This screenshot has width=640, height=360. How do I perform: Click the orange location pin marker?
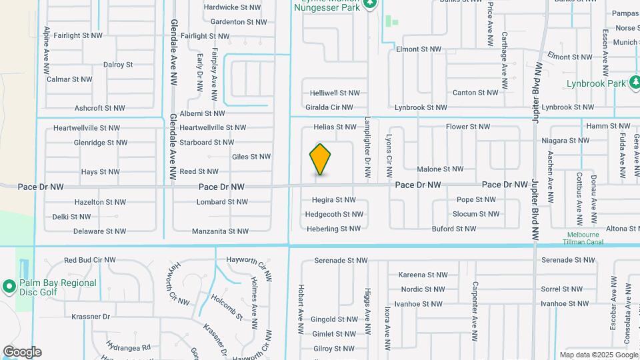tap(320, 159)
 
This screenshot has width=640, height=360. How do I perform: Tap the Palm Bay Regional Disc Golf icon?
tap(9, 287)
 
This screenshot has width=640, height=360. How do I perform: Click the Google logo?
tap(22, 352)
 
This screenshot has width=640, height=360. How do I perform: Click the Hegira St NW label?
tap(334, 199)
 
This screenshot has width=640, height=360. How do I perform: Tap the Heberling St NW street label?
tap(333, 229)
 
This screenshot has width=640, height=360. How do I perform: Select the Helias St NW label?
tap(335, 127)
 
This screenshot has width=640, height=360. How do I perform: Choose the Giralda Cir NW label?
tap(337, 107)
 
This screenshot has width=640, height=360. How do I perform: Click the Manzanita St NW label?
tap(220, 231)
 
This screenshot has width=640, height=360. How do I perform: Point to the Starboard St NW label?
tap(207, 142)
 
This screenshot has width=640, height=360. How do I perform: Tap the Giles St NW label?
tap(251, 157)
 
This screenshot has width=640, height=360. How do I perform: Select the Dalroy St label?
tap(118, 65)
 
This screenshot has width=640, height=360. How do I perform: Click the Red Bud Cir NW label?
tap(89, 260)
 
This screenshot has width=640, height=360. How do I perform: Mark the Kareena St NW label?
tap(422, 275)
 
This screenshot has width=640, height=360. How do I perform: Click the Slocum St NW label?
tap(475, 214)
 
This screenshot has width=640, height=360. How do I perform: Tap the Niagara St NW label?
tap(565, 140)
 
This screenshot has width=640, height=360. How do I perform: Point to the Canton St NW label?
tap(475, 93)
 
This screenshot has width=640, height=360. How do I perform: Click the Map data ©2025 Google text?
tap(599, 355)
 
